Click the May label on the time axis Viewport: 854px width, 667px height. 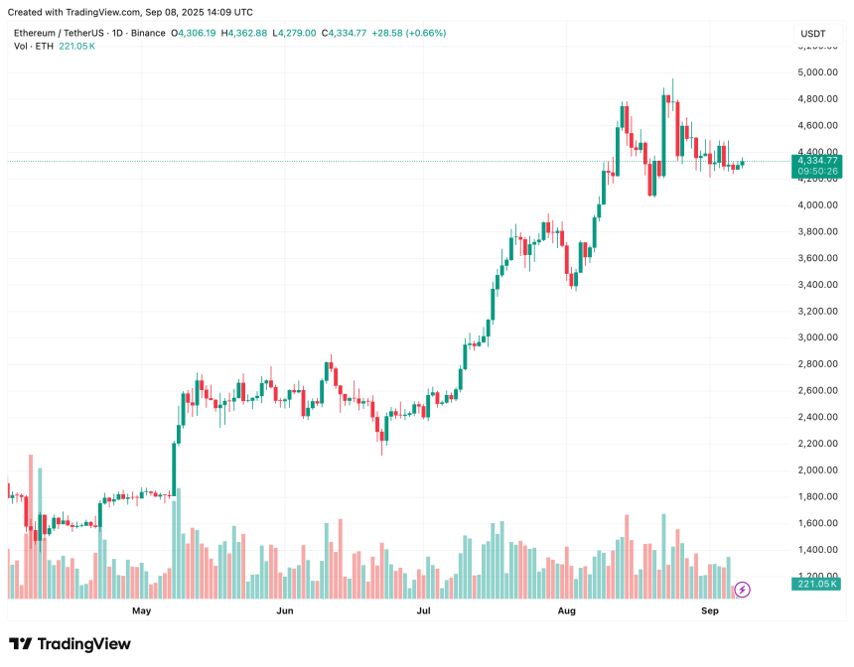coord(142,611)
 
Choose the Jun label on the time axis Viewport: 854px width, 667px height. coord(285,611)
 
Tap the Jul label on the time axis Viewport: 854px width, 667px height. coord(424,611)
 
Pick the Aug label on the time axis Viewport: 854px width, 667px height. coord(567,611)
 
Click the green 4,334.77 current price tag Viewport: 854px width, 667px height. coord(815,160)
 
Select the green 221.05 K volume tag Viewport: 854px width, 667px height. coord(815,585)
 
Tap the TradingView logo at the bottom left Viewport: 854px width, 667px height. coord(70,644)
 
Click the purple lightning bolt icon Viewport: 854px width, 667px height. coord(743,590)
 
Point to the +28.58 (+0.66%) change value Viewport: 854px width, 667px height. coord(408,34)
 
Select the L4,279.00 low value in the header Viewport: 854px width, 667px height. coord(295,34)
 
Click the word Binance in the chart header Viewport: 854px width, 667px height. coord(147,34)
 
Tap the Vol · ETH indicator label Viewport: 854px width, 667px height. coord(34,47)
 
